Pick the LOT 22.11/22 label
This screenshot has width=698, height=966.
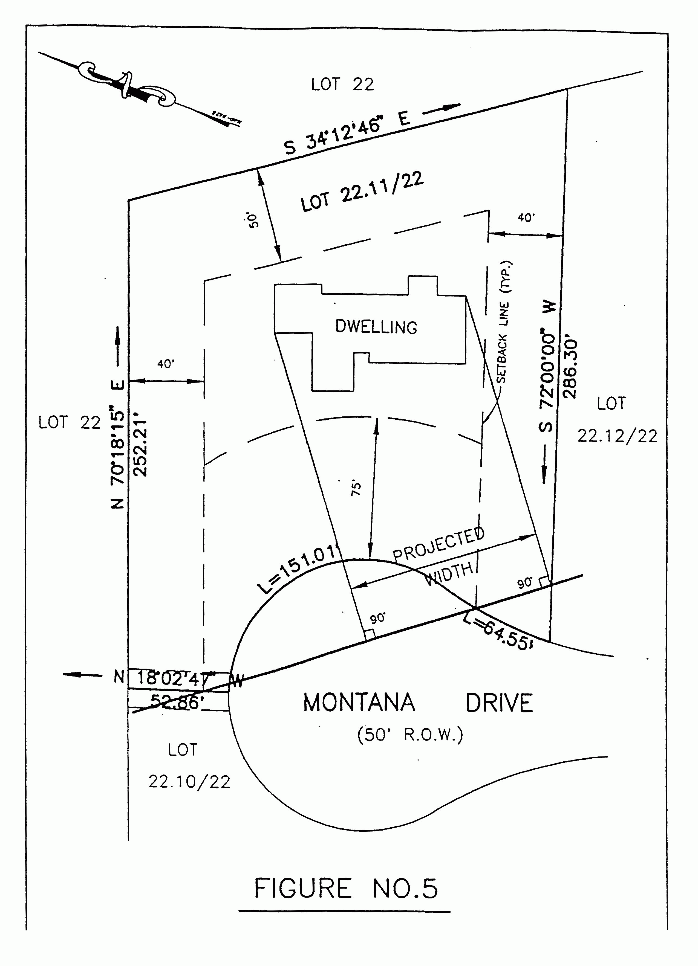(362, 192)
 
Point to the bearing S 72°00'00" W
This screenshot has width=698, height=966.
(547, 366)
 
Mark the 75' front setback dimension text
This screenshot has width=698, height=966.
(356, 488)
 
